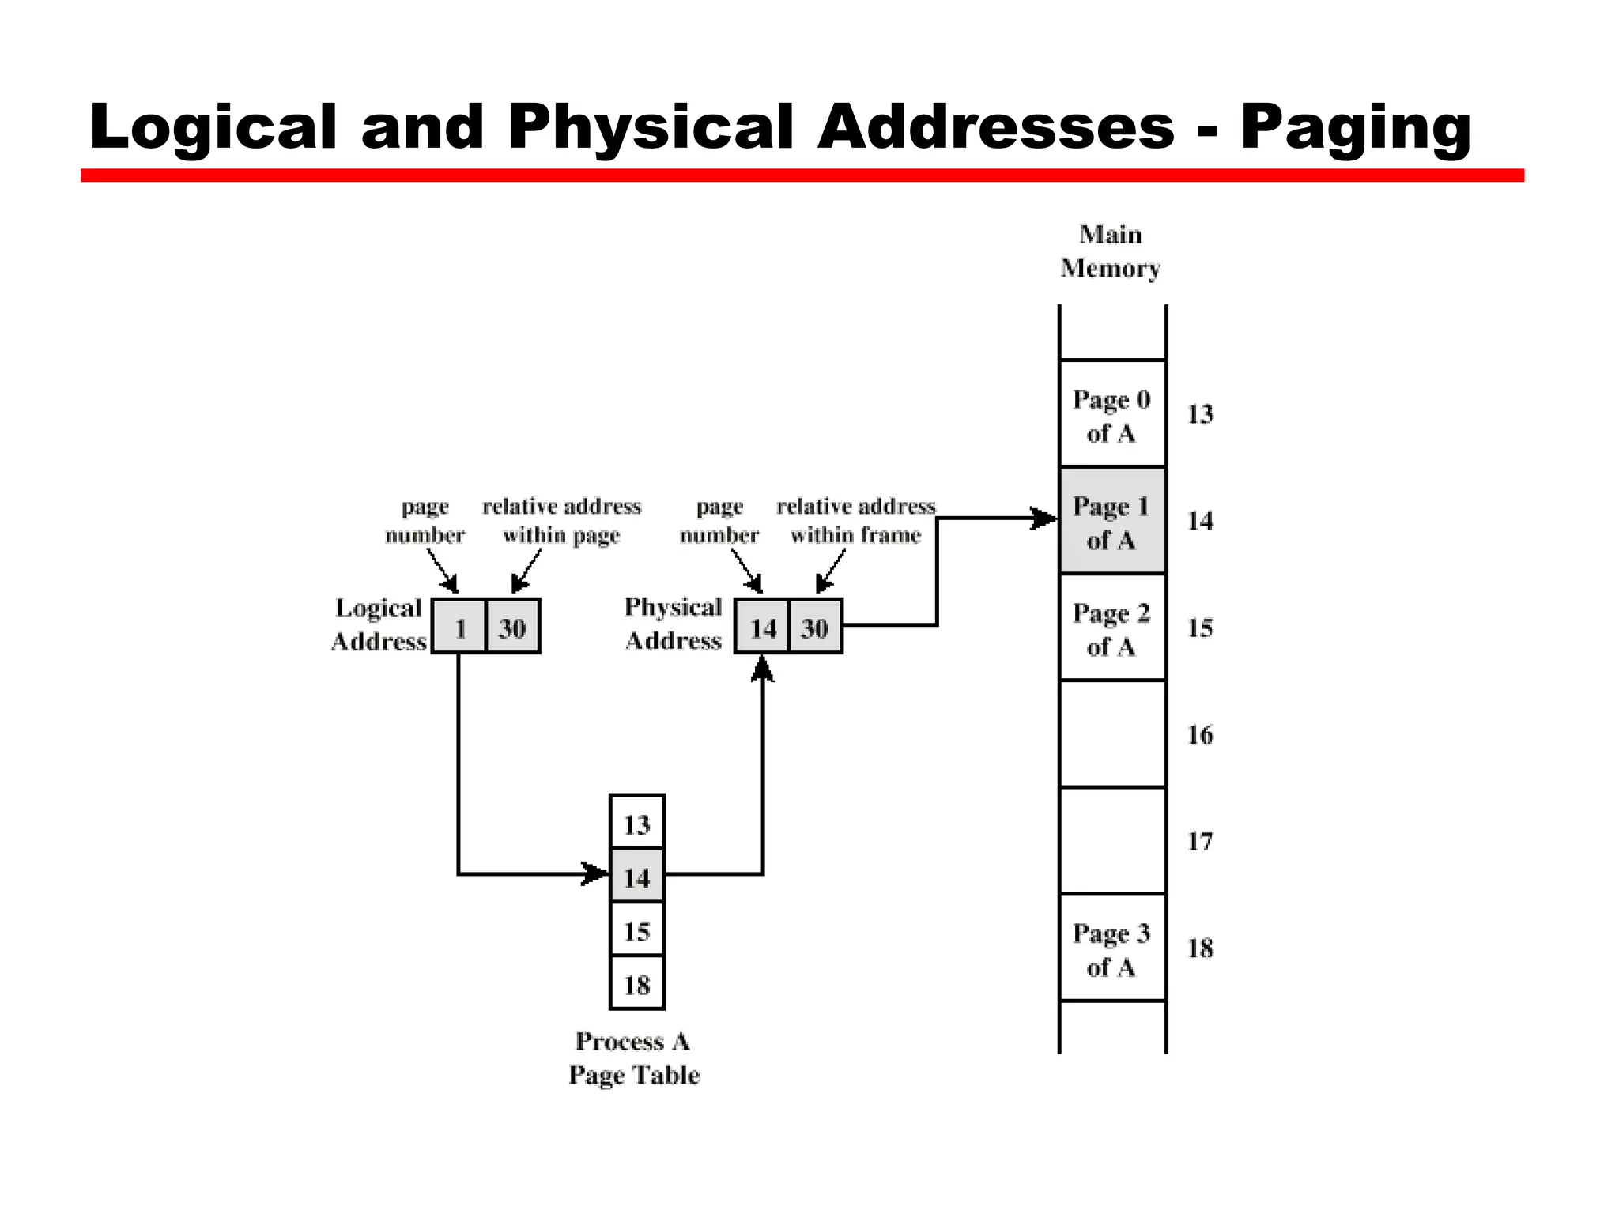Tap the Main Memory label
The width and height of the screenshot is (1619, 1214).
click(x=1110, y=251)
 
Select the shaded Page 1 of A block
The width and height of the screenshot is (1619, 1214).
click(x=1111, y=521)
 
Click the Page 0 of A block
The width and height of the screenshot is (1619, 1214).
click(x=1111, y=414)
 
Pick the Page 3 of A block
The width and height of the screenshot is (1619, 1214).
click(x=1111, y=948)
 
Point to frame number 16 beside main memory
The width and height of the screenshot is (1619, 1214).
click(x=1199, y=735)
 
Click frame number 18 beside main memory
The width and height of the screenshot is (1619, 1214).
click(x=1199, y=948)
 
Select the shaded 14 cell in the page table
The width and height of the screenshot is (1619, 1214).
click(x=636, y=877)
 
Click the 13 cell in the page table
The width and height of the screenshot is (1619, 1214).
click(x=636, y=824)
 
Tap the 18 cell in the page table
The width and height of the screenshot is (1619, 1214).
click(x=636, y=984)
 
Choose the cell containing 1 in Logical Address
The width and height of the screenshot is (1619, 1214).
click(x=459, y=627)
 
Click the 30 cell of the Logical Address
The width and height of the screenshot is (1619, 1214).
click(x=512, y=627)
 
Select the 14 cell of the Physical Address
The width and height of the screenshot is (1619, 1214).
click(x=762, y=627)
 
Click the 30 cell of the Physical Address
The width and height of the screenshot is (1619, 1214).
click(x=815, y=627)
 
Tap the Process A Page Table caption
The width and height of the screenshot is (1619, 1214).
click(x=633, y=1058)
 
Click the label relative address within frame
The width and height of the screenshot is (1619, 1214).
click(x=855, y=521)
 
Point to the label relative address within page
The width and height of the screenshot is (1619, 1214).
click(x=561, y=521)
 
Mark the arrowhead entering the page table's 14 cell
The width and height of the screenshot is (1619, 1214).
click(x=595, y=874)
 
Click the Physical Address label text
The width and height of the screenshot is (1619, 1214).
click(x=673, y=623)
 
